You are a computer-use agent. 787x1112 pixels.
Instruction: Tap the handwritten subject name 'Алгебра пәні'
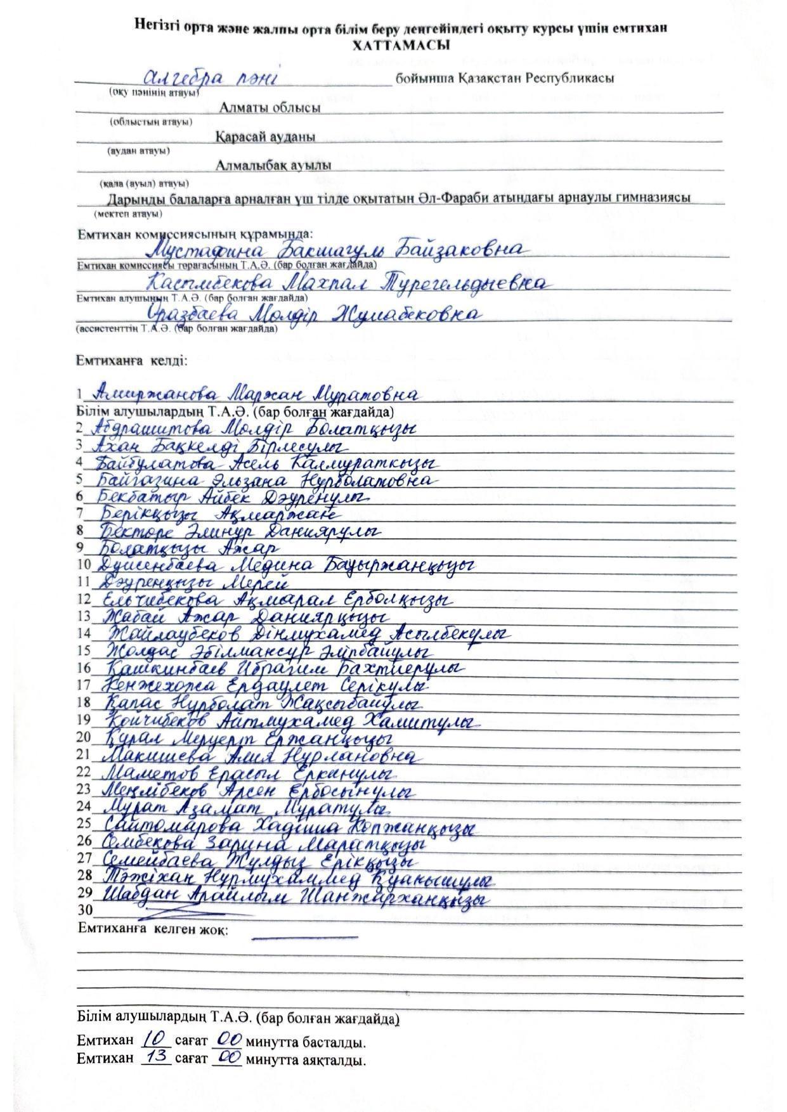tap(210, 79)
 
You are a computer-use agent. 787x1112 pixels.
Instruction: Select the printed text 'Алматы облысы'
tap(270, 108)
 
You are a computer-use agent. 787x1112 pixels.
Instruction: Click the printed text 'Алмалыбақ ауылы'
tap(273, 166)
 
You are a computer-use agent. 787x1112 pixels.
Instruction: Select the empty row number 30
tap(84, 911)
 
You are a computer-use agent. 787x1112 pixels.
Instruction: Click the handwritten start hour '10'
tap(155, 1038)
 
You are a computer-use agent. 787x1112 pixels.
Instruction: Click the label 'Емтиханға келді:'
tap(132, 361)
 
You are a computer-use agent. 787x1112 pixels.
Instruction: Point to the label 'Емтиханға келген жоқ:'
tap(153, 929)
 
